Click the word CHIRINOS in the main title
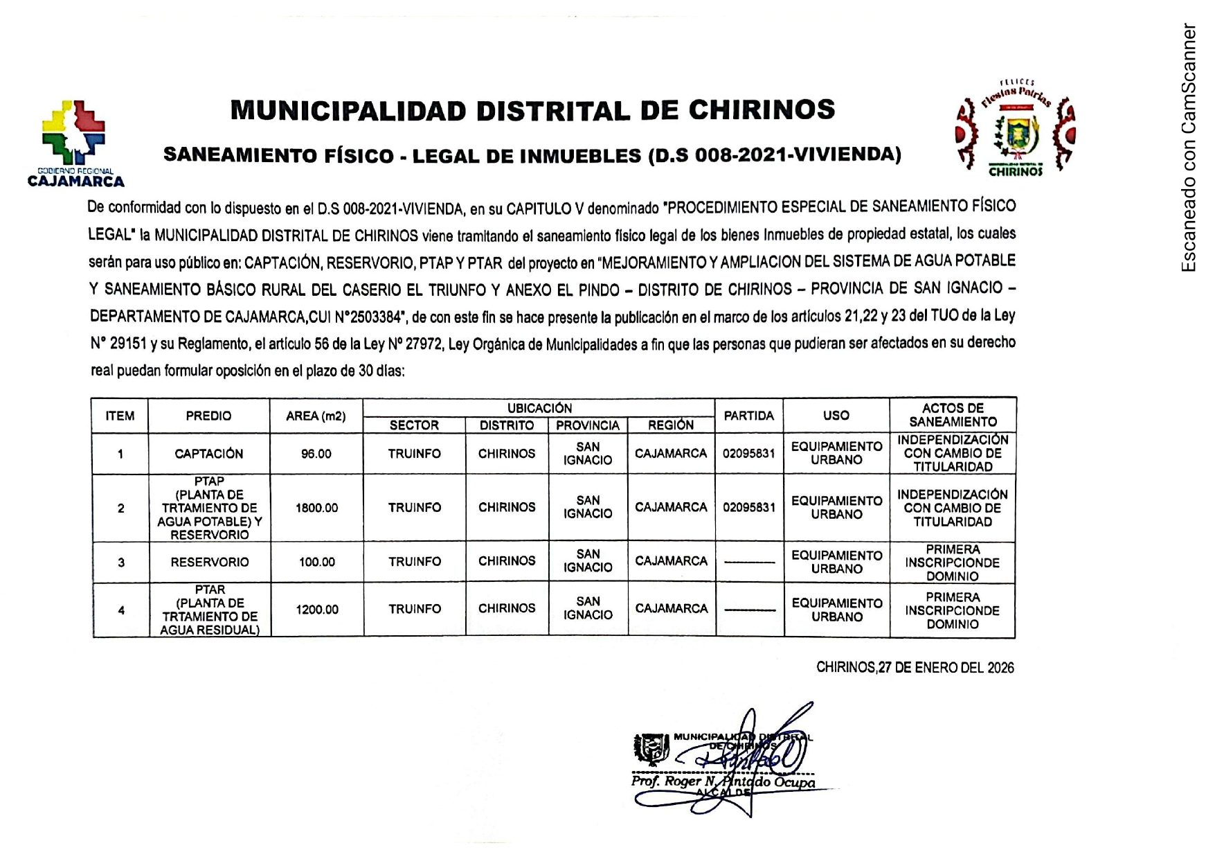coord(762,110)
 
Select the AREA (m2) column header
coord(316,416)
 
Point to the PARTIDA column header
coord(748,416)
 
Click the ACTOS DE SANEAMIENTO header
coord(953,415)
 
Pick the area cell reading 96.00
coord(316,454)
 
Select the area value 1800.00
coord(316,508)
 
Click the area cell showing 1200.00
coord(317,610)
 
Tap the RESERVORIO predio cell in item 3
coord(209,562)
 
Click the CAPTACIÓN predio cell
coord(208,454)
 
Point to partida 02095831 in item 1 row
coord(748,454)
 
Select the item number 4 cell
coord(121,610)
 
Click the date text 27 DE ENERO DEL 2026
coord(946,668)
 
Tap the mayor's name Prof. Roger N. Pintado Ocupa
coord(723,781)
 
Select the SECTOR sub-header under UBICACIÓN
coord(414,425)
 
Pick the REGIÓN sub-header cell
coord(670,425)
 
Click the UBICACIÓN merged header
coord(539,408)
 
